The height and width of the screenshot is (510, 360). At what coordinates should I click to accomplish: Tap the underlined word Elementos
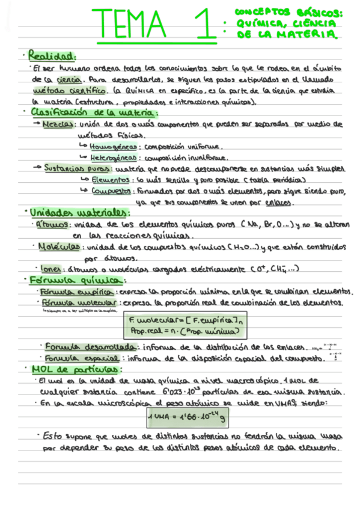tap(110, 180)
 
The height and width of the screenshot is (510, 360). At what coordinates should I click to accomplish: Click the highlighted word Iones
tap(50, 269)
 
